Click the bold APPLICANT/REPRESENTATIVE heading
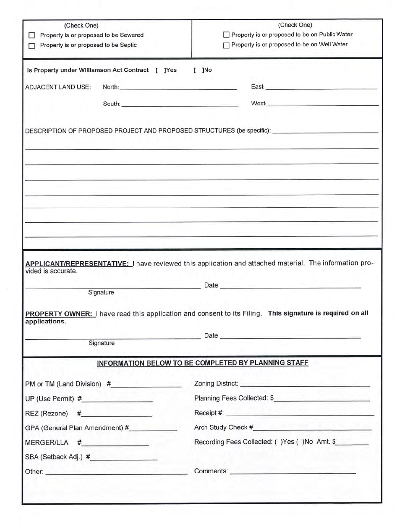[x=78, y=263]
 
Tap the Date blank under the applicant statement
[x=290, y=285]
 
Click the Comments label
[x=211, y=471]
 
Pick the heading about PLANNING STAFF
[x=202, y=363]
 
